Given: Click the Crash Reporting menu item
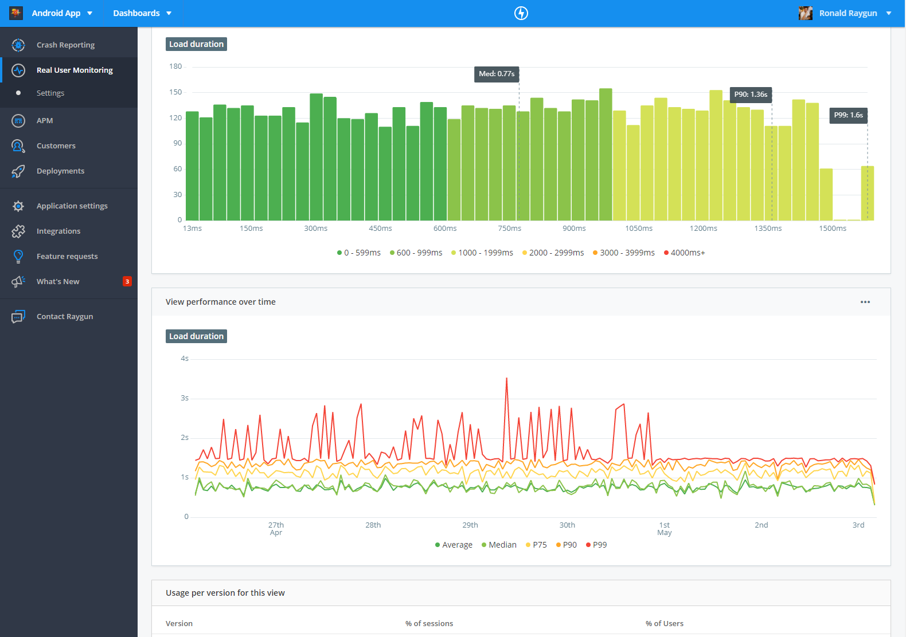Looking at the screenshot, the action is point(65,45).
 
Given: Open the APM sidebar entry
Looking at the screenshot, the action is point(45,120).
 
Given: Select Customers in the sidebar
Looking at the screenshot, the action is point(56,146).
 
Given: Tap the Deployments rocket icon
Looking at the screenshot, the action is point(18,171).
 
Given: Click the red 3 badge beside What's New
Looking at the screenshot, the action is point(127,281).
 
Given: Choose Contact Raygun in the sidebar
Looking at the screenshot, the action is point(65,317).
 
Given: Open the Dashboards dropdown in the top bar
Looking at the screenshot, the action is point(142,13).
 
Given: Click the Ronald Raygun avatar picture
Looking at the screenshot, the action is point(805,13).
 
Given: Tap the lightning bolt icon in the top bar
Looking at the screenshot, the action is point(521,13).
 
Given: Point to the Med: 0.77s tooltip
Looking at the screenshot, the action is point(497,74).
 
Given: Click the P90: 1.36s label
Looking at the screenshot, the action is point(751,95).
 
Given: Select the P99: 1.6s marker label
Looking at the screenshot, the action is point(848,115).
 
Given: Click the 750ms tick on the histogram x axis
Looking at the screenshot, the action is point(510,229).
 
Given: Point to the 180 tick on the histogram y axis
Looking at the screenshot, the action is point(175,66).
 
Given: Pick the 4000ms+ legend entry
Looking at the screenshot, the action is point(684,253).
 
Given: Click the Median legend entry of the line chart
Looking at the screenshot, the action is point(499,545).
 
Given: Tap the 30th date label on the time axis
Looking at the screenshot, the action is point(567,525).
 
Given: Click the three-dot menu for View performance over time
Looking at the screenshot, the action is point(865,302).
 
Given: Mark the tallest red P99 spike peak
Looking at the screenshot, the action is point(506,378).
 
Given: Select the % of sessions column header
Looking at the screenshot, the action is point(429,624).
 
